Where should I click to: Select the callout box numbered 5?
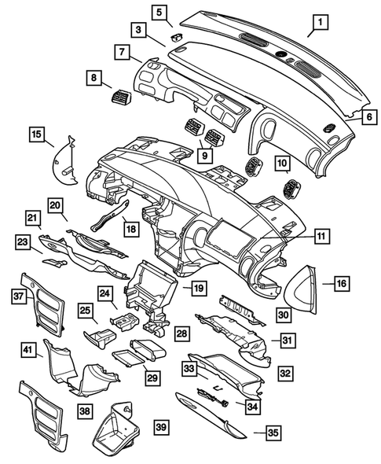(159, 12)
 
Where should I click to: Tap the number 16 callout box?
(341, 282)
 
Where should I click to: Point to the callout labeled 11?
(321, 235)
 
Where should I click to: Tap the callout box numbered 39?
(160, 426)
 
